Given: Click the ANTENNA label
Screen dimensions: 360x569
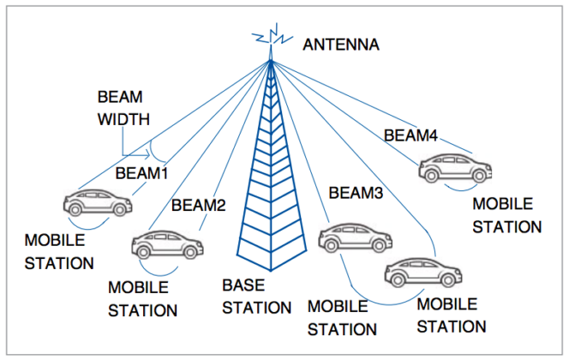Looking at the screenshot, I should tap(340, 43).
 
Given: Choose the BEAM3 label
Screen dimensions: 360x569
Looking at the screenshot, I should tap(354, 194).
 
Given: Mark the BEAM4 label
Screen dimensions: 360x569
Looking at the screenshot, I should tap(411, 135).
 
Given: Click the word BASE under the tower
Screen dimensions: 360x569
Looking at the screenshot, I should tap(243, 285).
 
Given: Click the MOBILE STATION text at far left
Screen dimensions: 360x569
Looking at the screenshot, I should tap(58, 252).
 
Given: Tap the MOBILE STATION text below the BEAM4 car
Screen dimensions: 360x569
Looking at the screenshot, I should tap(506, 216).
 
